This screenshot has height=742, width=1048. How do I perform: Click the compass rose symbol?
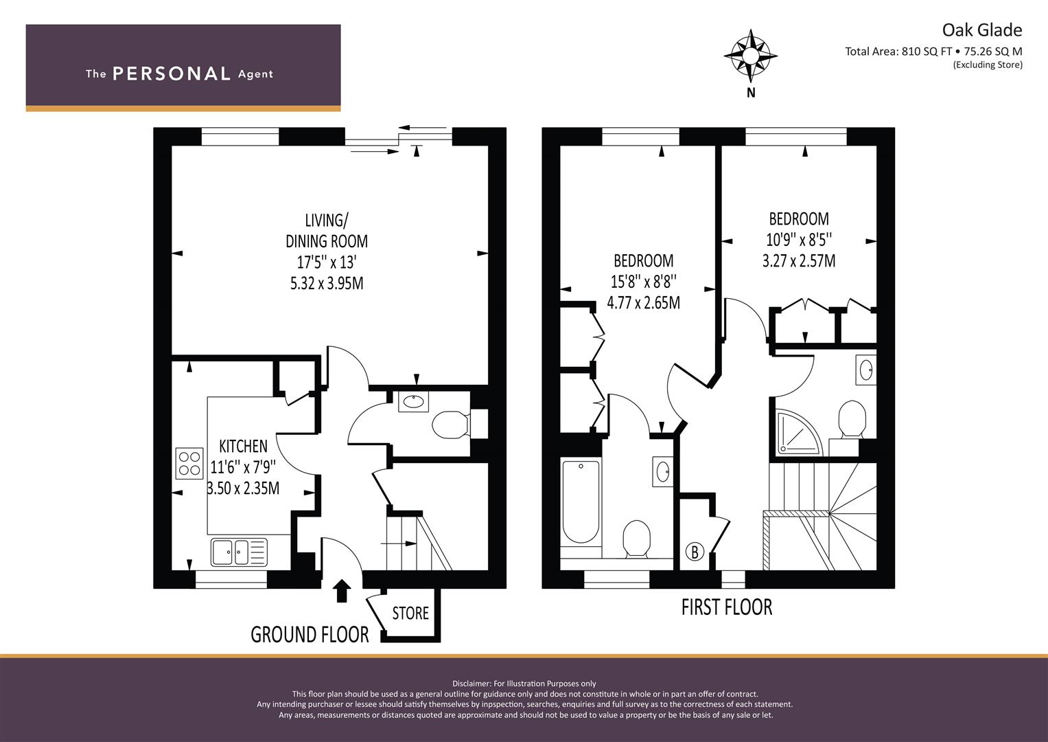[750, 56]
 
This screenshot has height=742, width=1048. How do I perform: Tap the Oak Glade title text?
[981, 30]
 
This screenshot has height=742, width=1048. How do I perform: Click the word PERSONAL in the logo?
[172, 74]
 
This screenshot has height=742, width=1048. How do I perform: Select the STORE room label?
[410, 613]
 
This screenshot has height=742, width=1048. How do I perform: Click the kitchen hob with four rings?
[189, 463]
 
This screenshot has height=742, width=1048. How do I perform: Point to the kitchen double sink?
[239, 552]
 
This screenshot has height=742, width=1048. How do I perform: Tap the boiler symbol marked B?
[695, 552]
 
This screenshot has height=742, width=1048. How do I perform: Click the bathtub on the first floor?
[581, 502]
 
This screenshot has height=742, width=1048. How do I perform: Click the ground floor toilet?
[451, 425]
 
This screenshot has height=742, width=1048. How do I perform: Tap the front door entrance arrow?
[342, 591]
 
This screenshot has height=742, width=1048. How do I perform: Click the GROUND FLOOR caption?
[310, 635]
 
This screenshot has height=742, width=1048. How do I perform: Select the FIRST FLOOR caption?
[727, 607]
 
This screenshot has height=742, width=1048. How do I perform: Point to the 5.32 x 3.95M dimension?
[327, 283]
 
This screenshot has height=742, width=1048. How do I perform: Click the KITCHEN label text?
[243, 446]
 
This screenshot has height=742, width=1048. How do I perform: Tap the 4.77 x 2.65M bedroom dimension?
[643, 302]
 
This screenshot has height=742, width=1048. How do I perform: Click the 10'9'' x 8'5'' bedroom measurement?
[799, 240]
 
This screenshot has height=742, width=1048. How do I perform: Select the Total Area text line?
[933, 52]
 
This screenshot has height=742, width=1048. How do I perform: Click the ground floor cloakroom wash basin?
[414, 401]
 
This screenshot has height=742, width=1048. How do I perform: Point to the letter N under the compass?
[751, 93]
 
